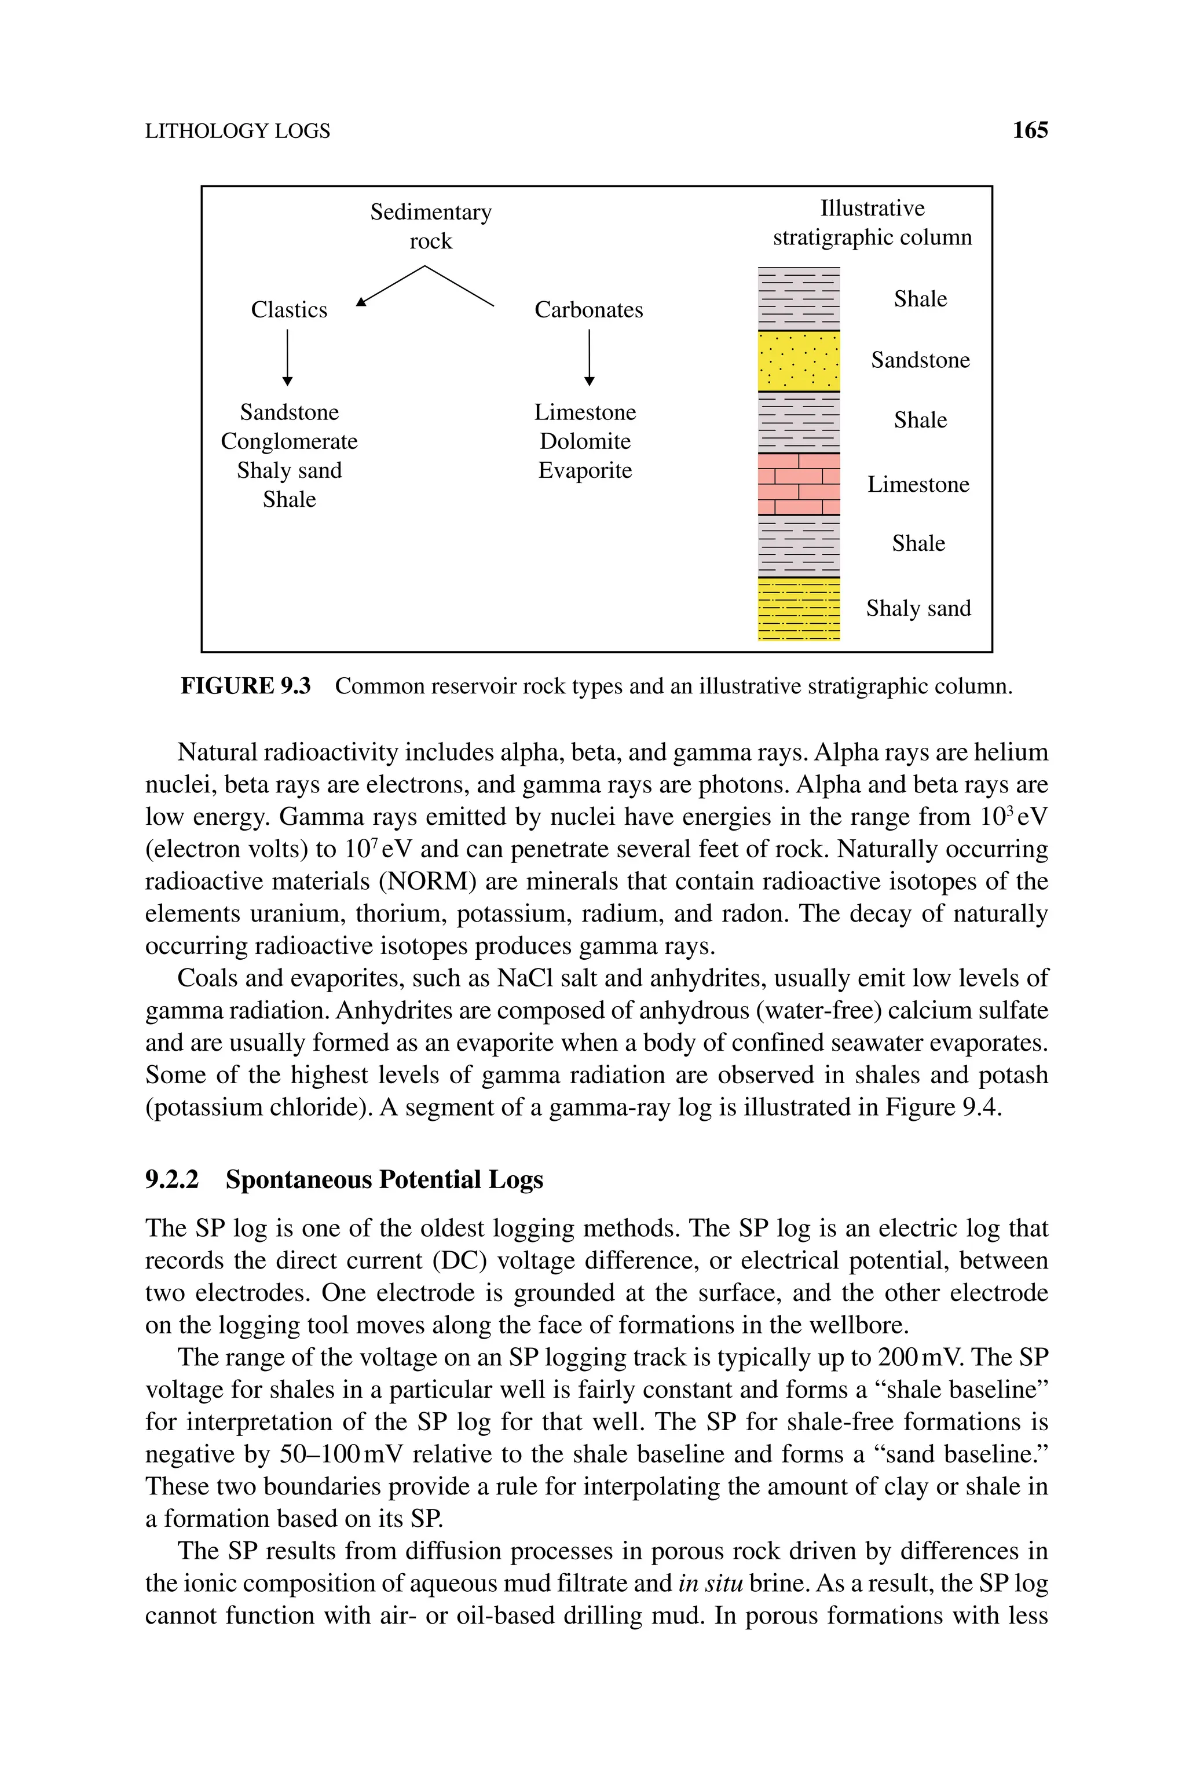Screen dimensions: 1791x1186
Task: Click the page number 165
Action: tap(1030, 130)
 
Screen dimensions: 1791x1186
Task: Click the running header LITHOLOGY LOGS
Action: tap(237, 131)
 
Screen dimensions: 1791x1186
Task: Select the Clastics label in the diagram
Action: tap(289, 309)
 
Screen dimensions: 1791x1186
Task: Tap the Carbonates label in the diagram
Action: tap(588, 309)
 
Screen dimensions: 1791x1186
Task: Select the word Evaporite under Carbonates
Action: tap(585, 470)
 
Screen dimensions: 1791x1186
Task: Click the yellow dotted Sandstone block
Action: tap(799, 361)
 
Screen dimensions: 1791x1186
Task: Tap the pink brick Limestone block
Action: tap(799, 484)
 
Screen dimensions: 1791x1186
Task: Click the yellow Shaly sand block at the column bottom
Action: tap(799, 609)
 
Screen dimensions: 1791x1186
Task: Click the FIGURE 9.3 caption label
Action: tap(245, 686)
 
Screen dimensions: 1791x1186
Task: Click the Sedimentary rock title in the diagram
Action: tap(430, 226)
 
